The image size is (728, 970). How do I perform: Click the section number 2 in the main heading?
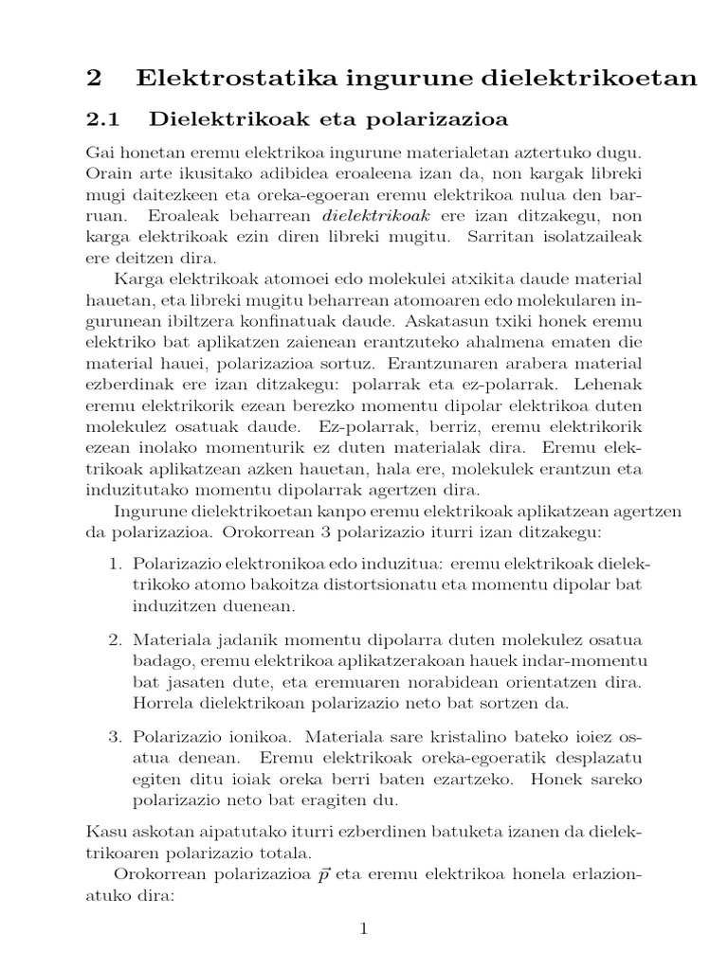pyautogui.click(x=93, y=80)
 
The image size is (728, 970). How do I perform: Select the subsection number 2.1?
pyautogui.click(x=104, y=120)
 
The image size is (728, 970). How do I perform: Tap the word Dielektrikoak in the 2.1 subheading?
pyautogui.click(x=227, y=120)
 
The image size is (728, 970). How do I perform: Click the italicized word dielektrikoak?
pyautogui.click(x=377, y=216)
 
